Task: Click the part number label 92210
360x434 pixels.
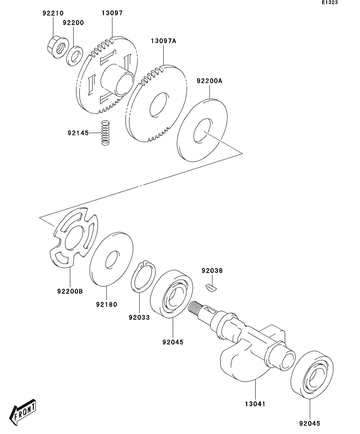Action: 53,13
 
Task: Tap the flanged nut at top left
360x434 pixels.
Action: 58,47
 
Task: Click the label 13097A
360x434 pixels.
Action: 163,41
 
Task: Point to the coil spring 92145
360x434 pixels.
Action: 105,133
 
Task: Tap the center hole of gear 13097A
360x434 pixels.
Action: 159,105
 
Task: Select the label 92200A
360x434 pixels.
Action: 210,81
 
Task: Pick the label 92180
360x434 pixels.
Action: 107,305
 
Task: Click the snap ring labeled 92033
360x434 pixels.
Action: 143,277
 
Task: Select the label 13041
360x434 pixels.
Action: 255,404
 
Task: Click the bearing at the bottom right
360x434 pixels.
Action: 312,375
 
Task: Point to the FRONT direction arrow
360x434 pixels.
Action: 23,412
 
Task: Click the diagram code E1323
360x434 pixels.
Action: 330,2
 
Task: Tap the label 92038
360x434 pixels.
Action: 212,271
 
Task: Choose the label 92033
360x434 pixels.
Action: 139,318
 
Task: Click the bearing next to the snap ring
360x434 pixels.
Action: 172,294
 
